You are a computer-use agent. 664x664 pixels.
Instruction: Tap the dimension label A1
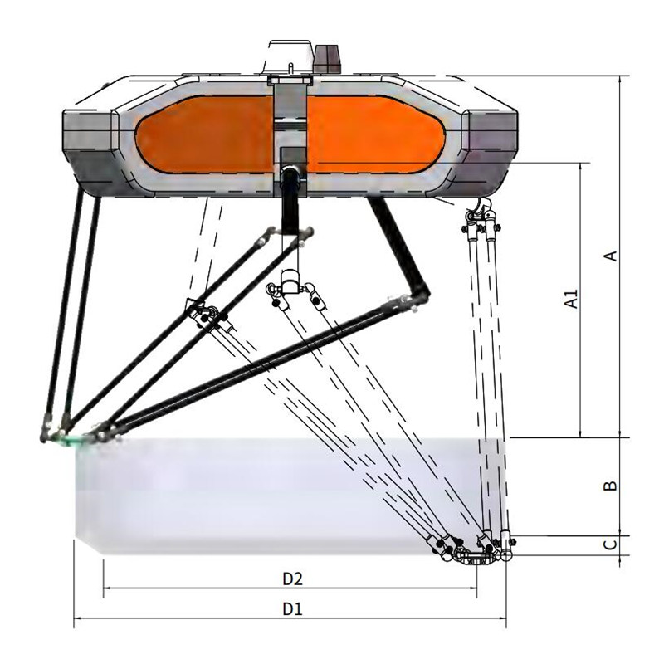572,299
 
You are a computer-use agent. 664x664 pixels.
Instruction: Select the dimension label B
610,486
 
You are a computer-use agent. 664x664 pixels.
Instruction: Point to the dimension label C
610,544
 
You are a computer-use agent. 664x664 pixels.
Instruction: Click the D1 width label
293,609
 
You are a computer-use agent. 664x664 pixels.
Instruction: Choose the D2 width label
293,579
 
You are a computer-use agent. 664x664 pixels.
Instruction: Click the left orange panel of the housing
204,134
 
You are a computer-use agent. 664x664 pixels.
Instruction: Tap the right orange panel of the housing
375,134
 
